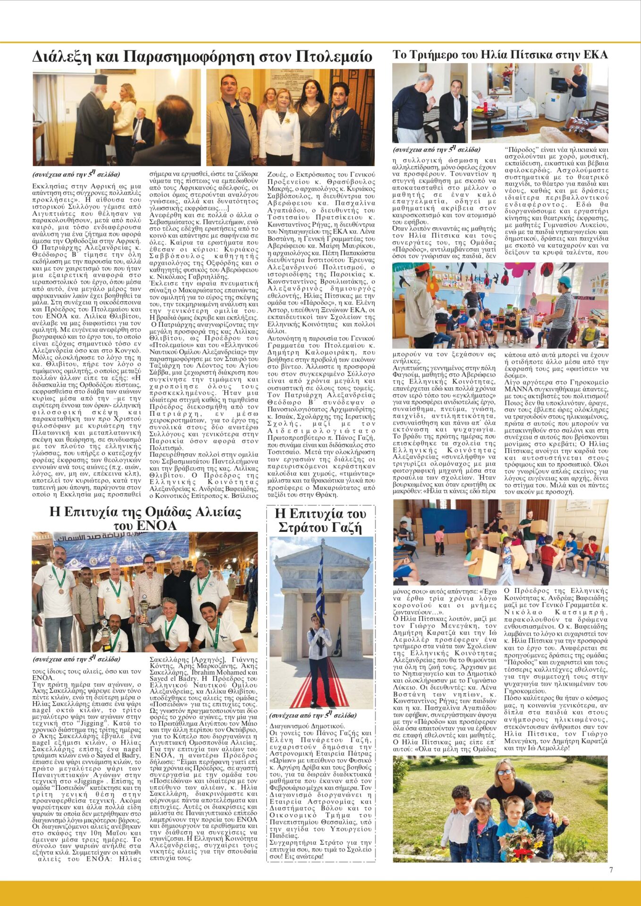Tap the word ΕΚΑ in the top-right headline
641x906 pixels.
(595, 55)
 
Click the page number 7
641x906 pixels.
(611, 870)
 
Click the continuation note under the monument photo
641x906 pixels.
(313, 715)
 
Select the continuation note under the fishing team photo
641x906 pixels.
(76, 659)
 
